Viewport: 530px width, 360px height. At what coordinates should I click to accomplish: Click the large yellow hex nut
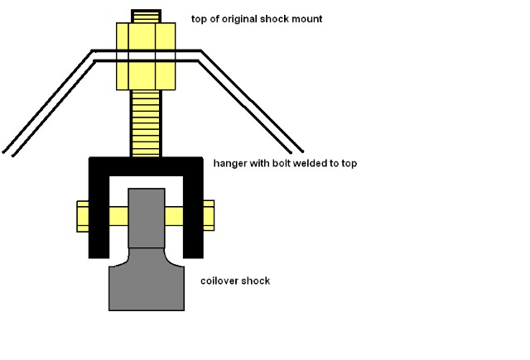[146, 56]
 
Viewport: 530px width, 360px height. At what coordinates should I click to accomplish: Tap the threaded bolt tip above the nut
[146, 16]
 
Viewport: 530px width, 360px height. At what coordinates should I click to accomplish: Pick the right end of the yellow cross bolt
[208, 215]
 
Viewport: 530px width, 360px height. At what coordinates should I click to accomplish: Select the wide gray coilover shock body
[146, 286]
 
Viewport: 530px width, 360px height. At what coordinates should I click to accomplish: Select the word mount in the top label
[306, 18]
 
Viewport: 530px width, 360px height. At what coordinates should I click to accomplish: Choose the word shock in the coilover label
[257, 281]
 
